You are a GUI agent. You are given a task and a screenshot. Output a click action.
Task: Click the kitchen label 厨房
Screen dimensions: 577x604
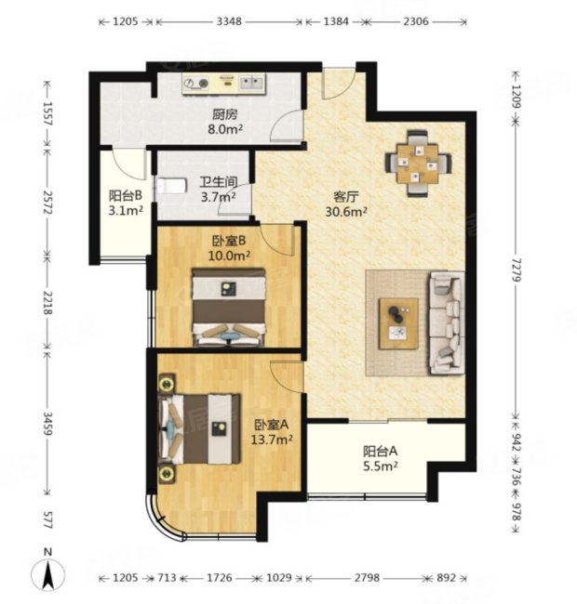tap(224, 115)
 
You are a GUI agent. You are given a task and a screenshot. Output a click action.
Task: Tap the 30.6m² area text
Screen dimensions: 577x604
tap(345, 212)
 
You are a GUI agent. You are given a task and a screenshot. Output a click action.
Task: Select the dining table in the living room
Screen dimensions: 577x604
tap(418, 164)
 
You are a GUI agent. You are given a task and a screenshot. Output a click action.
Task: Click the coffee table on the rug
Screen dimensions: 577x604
tap(399, 323)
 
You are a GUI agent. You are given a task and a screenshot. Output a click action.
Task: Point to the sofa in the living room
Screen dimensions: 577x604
tap(448, 323)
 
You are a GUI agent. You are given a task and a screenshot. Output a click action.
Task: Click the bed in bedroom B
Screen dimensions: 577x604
tap(229, 307)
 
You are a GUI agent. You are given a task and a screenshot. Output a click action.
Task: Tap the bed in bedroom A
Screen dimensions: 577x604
tap(199, 428)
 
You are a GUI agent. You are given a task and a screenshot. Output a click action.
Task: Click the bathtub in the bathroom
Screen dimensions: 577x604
tap(172, 186)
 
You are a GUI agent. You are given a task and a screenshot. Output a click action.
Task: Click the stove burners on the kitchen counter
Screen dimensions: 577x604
tap(196, 84)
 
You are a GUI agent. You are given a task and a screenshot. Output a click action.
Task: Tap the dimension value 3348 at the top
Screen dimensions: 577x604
tap(229, 21)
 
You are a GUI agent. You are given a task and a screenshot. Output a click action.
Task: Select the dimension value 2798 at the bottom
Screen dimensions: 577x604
tap(367, 577)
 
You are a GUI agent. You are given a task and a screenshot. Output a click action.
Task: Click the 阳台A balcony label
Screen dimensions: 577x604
tap(381, 451)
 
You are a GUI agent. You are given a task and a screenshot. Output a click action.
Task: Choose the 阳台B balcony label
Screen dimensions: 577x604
tap(126, 196)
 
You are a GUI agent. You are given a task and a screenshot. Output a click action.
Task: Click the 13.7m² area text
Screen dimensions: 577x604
tap(272, 439)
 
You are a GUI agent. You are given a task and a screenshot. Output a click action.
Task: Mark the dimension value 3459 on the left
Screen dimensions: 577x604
tap(47, 424)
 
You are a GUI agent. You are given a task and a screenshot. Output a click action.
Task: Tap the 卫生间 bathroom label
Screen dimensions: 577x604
tap(219, 182)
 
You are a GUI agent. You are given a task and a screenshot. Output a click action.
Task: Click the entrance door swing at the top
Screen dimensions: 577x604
tap(339, 84)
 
